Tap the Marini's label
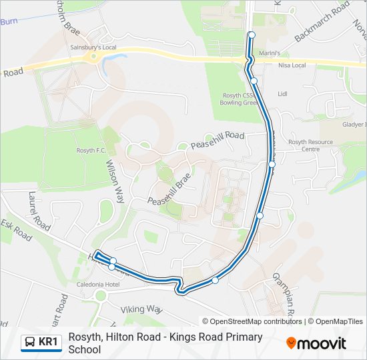point(268,53)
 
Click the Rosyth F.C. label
point(91,151)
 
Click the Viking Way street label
point(141,309)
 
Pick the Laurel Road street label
point(39,211)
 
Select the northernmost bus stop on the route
point(252,35)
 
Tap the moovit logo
point(316,343)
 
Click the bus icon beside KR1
point(30,343)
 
